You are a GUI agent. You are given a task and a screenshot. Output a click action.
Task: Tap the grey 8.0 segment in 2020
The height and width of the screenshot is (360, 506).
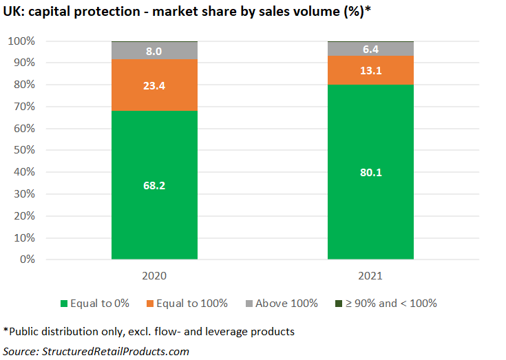point(154,51)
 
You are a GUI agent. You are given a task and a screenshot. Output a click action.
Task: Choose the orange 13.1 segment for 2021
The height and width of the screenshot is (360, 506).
point(370,70)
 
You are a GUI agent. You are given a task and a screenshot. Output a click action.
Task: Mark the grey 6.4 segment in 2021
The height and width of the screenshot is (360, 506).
point(370,49)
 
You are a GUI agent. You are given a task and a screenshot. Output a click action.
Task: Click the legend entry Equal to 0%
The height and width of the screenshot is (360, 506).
point(96,303)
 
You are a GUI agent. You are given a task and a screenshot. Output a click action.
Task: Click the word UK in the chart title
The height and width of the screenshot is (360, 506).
point(12,12)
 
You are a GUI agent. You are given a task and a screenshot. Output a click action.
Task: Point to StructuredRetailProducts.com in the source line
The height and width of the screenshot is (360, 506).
point(117,351)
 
